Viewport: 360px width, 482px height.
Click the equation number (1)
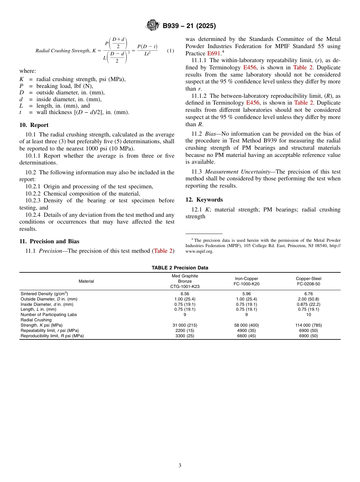click(x=171, y=51)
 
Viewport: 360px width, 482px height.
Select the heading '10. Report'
click(x=34, y=125)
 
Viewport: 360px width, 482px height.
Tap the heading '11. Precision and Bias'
click(x=49, y=241)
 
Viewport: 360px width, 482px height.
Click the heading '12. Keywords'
click(x=204, y=200)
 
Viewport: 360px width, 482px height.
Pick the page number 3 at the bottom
click(x=180, y=466)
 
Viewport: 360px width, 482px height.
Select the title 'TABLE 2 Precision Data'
click(x=180, y=268)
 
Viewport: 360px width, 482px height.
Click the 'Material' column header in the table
click(x=86, y=281)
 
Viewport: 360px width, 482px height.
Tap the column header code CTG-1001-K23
click(x=185, y=286)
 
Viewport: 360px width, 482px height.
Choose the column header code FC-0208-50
click(x=308, y=284)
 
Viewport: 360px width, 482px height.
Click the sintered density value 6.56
click(x=185, y=294)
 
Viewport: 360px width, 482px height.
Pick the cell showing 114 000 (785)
click(x=308, y=325)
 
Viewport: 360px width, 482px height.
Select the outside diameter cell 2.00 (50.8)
click(x=308, y=299)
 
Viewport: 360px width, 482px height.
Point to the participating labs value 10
click(x=308, y=315)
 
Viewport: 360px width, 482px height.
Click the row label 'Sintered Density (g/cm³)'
click(x=44, y=294)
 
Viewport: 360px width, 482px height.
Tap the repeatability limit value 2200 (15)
click(x=185, y=330)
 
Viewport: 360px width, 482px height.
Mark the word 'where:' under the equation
click(x=28, y=71)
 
